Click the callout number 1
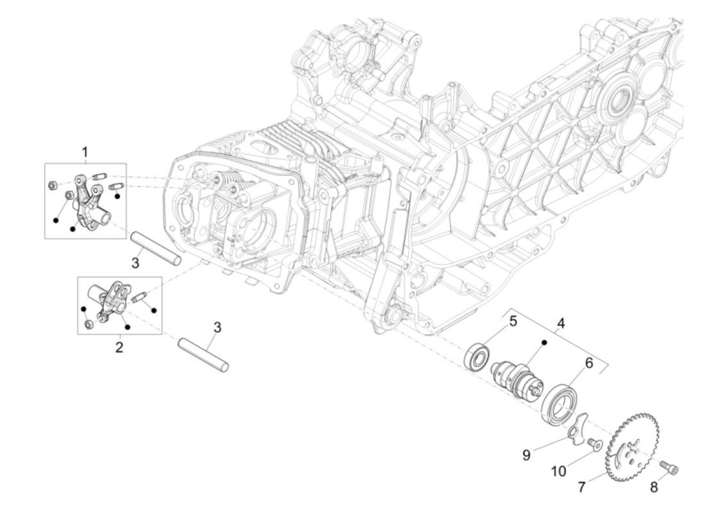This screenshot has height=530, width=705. tap(85, 152)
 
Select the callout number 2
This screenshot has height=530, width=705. tap(119, 347)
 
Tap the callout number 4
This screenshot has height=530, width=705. tap(560, 323)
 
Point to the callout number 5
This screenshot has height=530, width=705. tap(512, 320)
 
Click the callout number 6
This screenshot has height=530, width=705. tap(588, 363)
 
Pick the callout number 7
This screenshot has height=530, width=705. tap(582, 487)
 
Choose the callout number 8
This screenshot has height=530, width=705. tap(654, 487)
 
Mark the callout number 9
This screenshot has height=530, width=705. tap(526, 455)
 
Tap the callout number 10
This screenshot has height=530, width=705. tap(558, 471)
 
